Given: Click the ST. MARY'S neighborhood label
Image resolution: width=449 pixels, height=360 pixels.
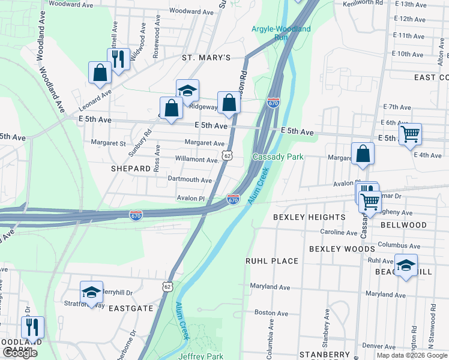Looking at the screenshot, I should coord(206,58).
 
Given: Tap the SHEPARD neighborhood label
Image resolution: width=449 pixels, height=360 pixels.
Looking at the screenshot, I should coord(130,169).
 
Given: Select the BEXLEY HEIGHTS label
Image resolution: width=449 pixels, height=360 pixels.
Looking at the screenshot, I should coord(309,217).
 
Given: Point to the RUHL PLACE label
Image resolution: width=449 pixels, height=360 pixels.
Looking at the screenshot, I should coord(272,261).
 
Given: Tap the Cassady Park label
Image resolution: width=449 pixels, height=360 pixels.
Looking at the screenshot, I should coord(278,157).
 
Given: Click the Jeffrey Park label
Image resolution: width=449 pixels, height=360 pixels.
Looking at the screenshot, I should coord(200,356).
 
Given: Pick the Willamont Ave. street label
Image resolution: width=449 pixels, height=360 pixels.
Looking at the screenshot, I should coord(196,160).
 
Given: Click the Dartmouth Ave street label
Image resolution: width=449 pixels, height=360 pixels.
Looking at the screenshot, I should coord(190,180).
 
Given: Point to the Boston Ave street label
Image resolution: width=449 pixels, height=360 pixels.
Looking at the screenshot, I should coord(268,313).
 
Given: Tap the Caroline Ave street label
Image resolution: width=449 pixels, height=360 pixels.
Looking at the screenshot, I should coord(339,232).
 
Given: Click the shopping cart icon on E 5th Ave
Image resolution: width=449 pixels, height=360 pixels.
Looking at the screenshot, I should coord(410,134).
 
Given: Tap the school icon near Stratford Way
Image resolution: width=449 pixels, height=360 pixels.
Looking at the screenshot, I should coord(91,292).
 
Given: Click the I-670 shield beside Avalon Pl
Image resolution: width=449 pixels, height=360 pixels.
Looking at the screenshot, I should coord(234,199).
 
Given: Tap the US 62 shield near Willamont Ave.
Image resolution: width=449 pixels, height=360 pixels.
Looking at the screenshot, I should coord(226,155).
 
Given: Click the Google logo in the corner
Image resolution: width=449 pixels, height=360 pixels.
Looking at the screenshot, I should coord(20,353).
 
